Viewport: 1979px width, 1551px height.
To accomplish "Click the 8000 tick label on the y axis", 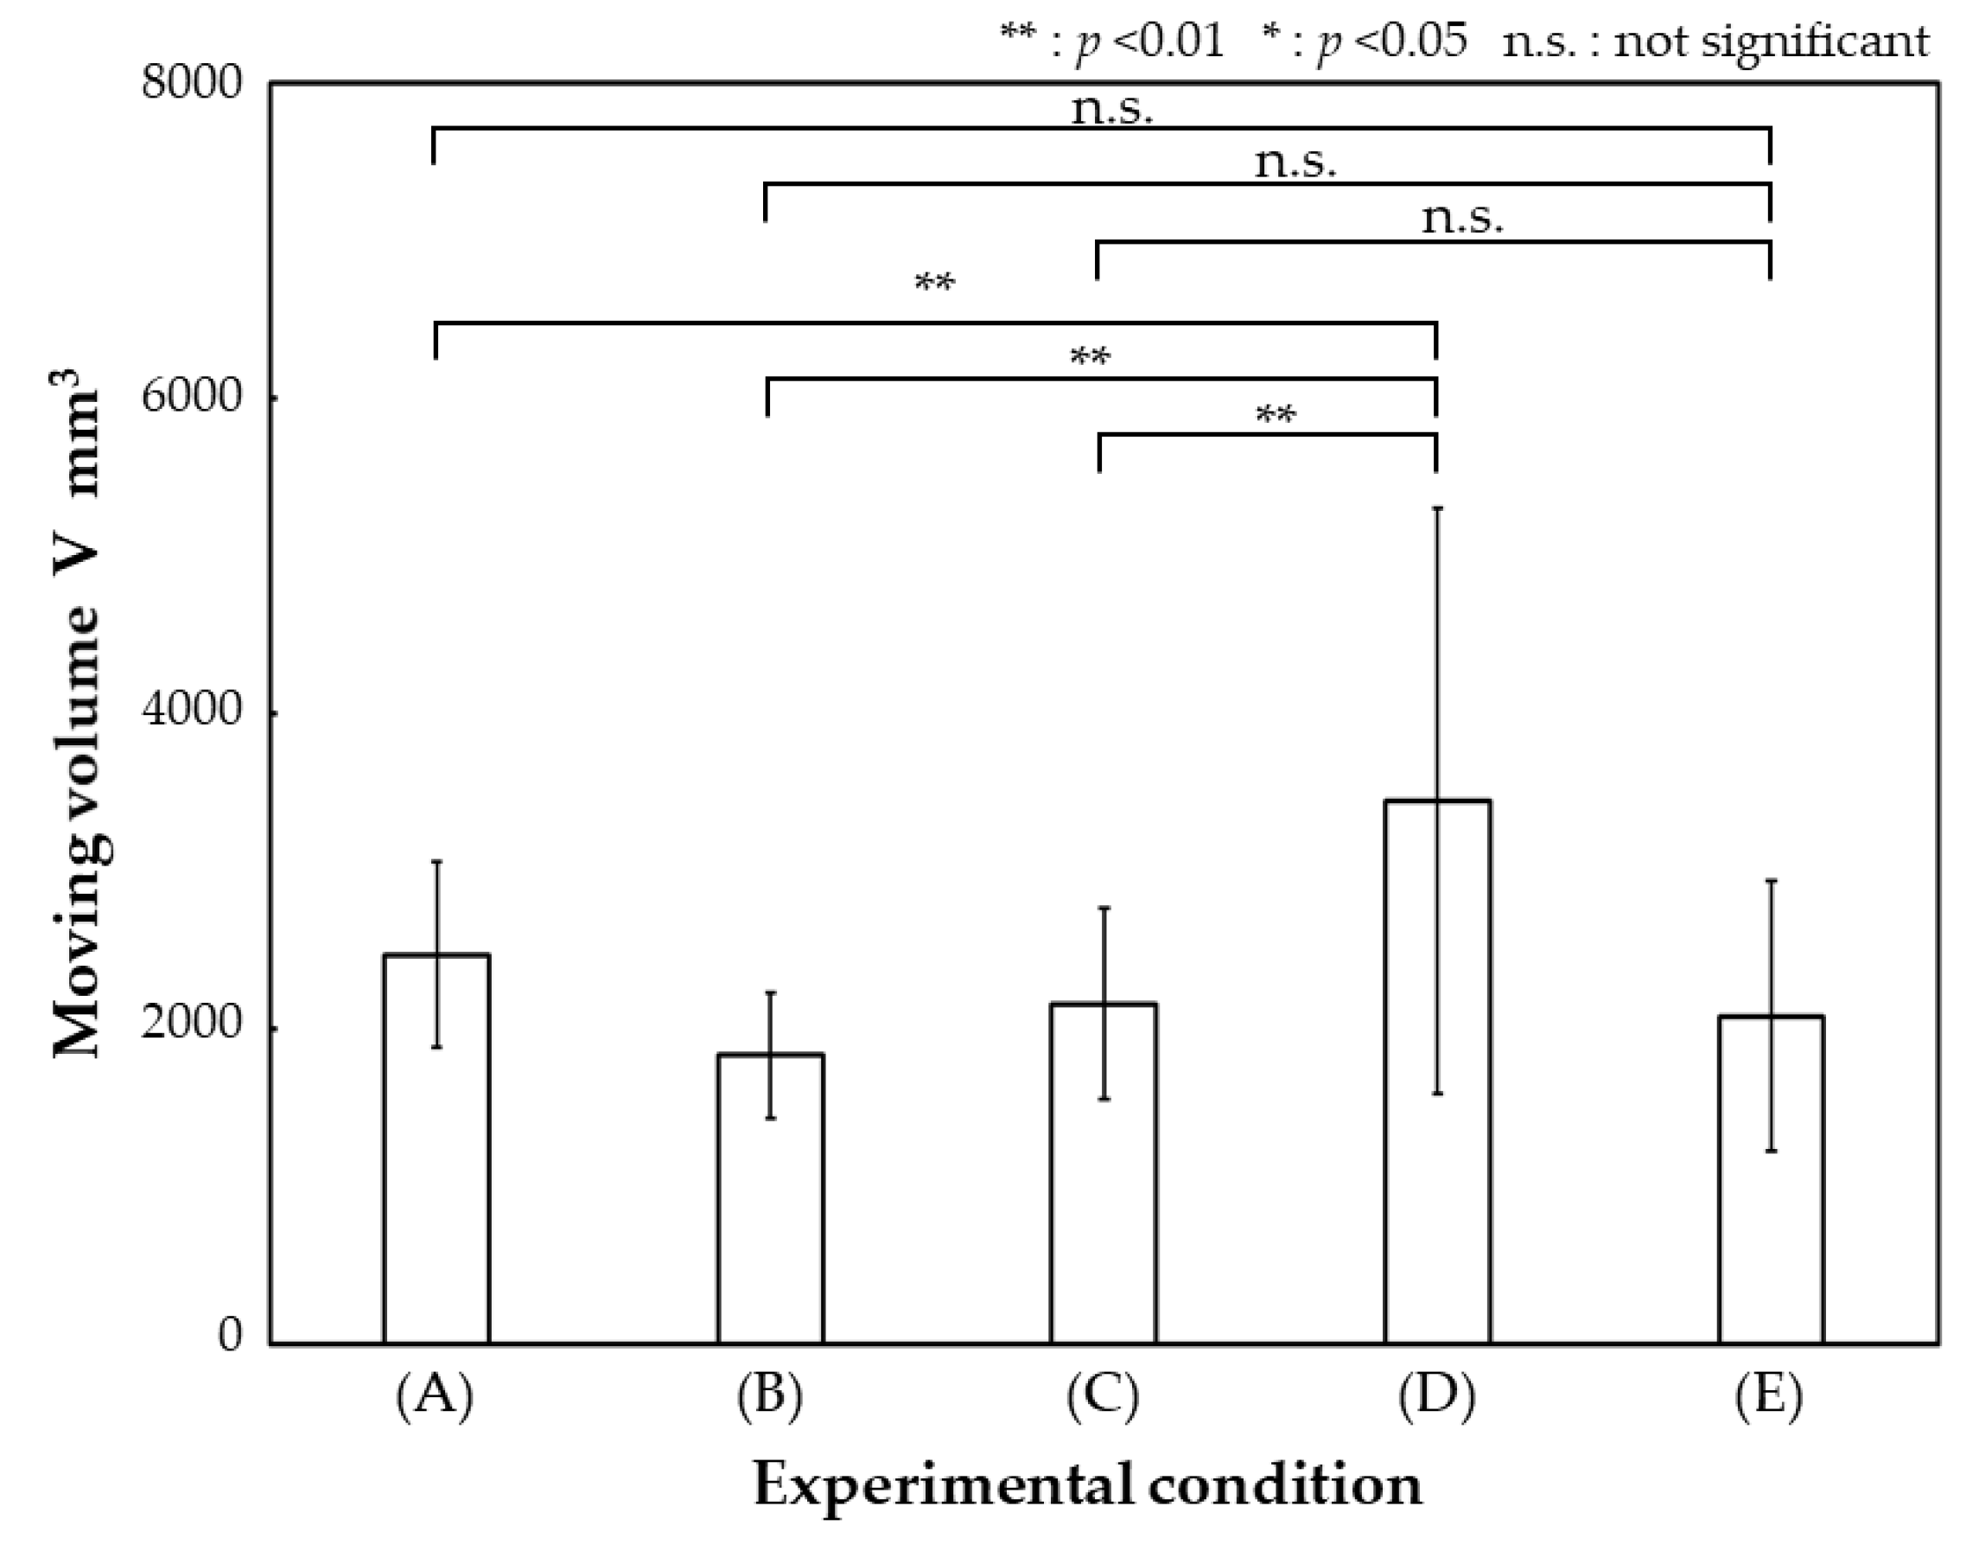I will (180, 84).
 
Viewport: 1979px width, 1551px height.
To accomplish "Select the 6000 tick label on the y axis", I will (180, 398).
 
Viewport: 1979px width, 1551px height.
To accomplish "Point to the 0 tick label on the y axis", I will (231, 1335).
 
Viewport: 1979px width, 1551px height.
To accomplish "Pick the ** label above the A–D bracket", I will (934, 284).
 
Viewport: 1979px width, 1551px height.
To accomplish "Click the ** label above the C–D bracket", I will (1275, 416).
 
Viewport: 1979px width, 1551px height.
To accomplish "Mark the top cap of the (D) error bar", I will (1437, 508).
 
